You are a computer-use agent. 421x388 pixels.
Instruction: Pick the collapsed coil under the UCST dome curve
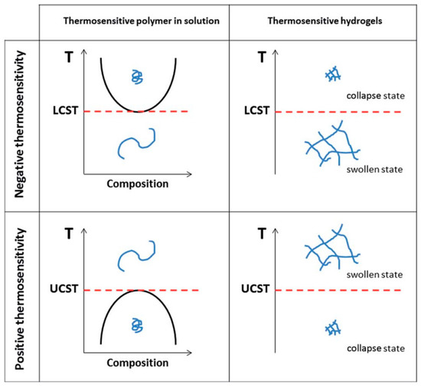click(x=136, y=325)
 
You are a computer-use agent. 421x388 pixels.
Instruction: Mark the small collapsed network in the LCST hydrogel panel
click(x=331, y=74)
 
